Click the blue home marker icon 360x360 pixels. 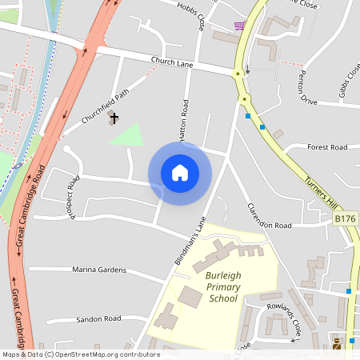point(180,173)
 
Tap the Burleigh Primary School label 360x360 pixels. point(216,286)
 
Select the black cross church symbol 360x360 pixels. point(114,118)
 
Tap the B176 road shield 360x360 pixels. point(345,218)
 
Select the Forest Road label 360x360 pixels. point(327,147)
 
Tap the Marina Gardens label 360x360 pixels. point(99,270)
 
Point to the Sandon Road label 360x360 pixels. point(98,318)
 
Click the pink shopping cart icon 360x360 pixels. point(238,26)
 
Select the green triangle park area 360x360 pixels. point(129,134)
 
